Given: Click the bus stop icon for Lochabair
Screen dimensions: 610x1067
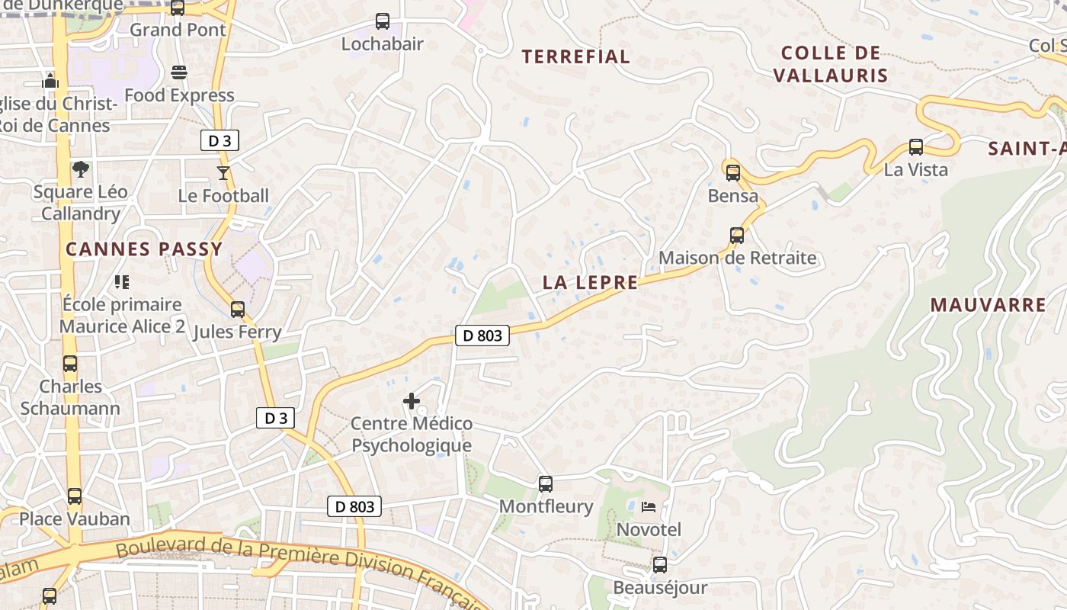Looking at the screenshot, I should [383, 21].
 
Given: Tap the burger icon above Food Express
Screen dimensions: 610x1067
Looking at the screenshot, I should [179, 72].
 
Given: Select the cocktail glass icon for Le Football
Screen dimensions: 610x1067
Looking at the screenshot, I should [223, 173].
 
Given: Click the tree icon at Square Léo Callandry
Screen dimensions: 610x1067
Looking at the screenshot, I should [80, 169].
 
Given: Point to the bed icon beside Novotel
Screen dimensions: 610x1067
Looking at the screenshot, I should [649, 506].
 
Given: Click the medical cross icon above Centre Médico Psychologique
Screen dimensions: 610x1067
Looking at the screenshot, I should [412, 400].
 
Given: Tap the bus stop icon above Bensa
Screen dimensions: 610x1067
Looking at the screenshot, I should [733, 172].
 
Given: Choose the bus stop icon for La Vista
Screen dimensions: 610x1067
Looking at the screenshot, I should [916, 147].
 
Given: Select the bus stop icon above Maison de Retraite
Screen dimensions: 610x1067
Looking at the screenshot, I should [737, 235].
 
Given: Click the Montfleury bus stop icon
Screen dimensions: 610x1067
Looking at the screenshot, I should [546, 483].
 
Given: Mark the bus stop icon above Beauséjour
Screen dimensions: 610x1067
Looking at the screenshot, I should [660, 565].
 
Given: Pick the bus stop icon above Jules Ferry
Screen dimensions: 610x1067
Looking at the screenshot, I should [238, 309].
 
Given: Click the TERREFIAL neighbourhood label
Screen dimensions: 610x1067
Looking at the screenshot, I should [576, 56].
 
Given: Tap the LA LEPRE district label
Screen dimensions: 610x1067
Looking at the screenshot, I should [590, 282].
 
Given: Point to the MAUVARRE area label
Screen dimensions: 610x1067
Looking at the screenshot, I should [988, 305].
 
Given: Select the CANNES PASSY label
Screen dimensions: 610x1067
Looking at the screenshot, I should [144, 249].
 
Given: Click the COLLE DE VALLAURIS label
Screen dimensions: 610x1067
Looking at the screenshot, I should [831, 64].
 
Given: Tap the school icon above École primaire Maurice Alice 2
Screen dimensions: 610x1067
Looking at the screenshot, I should [122, 282].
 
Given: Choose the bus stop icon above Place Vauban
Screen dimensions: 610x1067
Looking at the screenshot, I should [75, 496].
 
